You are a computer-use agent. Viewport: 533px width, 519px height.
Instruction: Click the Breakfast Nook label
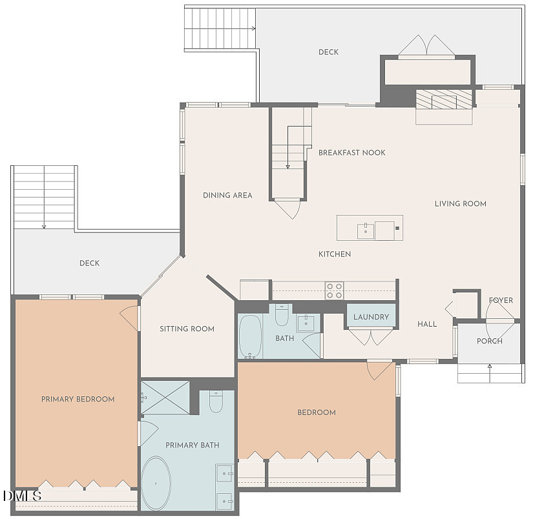pos(351,153)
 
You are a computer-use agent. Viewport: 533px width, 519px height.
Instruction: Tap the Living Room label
pos(460,204)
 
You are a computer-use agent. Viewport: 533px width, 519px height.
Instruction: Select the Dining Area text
pos(227,196)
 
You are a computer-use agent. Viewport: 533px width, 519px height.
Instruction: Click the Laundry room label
pos(371,317)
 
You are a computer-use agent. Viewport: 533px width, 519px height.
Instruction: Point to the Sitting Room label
pos(187,329)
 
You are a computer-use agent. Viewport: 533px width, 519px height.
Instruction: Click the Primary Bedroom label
pos(78,400)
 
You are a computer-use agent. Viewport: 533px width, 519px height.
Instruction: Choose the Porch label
pos(489,341)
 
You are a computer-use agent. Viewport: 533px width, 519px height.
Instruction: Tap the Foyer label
pos(501,301)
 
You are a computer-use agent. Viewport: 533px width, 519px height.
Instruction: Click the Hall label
pos(427,324)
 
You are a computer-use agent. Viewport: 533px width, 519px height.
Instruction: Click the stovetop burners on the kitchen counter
pos(334,290)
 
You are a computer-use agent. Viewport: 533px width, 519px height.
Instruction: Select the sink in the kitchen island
pos(366,229)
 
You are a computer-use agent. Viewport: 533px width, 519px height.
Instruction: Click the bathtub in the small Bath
pos(249,337)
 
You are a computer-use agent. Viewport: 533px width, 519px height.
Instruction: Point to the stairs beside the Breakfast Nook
pos(288,155)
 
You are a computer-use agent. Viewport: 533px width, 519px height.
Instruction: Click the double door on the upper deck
pos(426,46)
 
